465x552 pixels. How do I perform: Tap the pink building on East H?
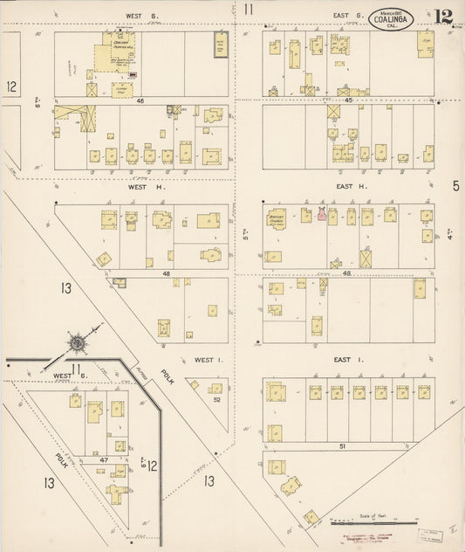pos(322,214)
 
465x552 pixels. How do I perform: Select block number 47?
pos(102,459)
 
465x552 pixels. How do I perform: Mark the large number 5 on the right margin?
pos(455,186)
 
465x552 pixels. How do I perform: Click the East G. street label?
pos(347,15)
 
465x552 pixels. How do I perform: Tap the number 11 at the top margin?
pos(250,10)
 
